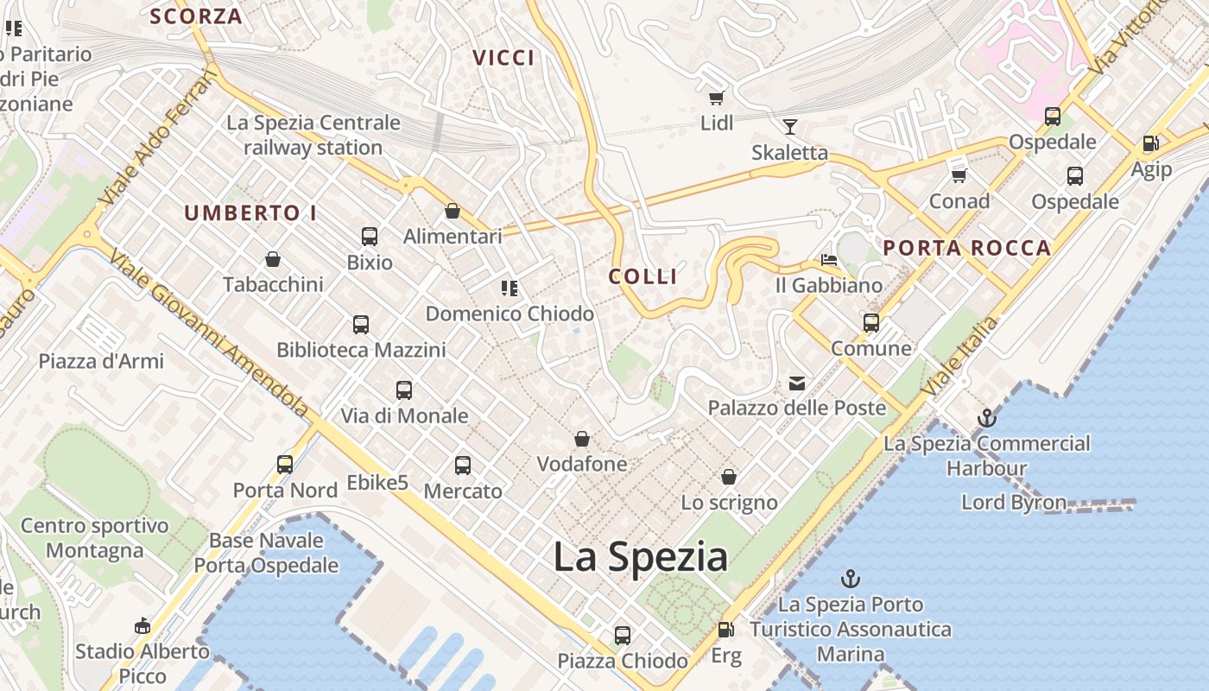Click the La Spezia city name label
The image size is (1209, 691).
pos(640,557)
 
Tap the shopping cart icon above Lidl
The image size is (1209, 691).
pos(716,98)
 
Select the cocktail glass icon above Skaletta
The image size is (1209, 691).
pos(789,128)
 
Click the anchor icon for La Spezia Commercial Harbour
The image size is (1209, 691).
pos(986,419)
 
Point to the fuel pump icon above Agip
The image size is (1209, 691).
pos(1150,143)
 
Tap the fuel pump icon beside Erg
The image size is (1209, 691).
pos(726,631)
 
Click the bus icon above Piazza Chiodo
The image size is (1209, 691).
pos(623,636)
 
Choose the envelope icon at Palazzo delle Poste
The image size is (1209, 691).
pos(796,383)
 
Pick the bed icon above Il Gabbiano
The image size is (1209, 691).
pos(828,259)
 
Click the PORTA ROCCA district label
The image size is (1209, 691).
pos(966,249)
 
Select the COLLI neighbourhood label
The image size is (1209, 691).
pos(642,276)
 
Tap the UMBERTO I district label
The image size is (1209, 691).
pos(250,213)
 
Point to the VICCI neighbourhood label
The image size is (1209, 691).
pos(503,58)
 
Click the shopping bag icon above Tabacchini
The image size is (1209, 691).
pos(273,259)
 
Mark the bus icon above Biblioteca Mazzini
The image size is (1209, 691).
pos(361,325)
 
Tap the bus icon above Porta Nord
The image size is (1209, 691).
pos(285,465)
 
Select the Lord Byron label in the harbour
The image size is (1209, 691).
pos(1013,502)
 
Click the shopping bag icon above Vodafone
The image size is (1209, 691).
pos(582,439)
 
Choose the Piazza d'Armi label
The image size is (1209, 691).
pos(101,361)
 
